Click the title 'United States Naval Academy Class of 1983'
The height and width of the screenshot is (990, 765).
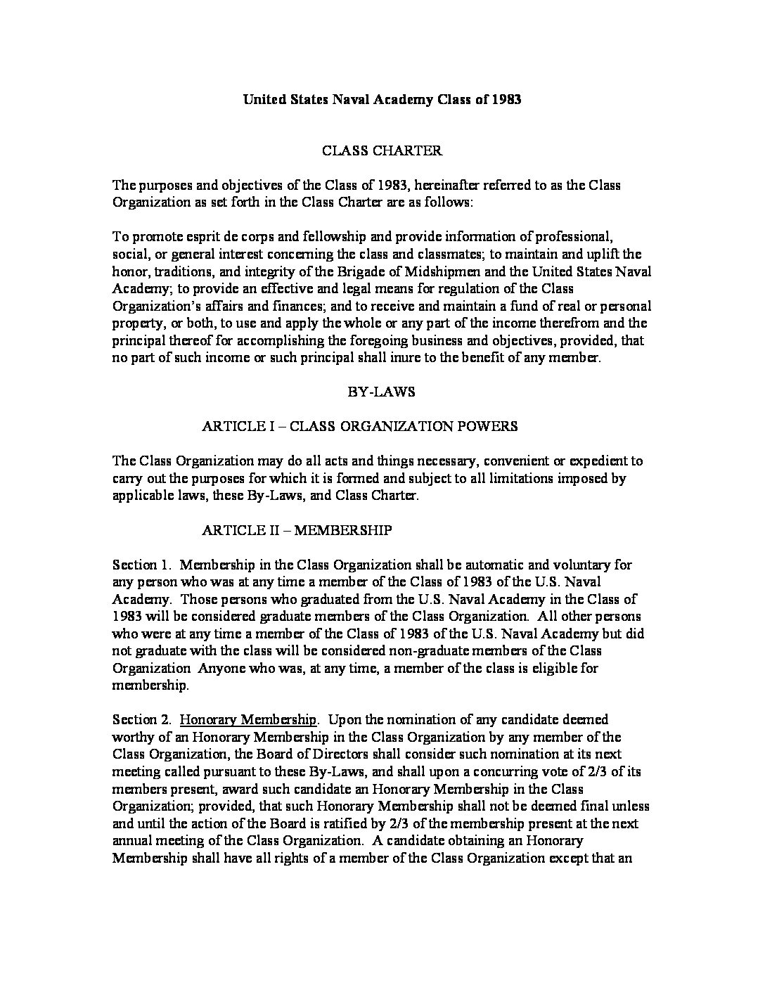[x=382, y=99]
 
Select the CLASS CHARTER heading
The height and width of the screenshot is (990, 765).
[x=382, y=150]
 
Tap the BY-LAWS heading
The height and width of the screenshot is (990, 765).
[x=382, y=392]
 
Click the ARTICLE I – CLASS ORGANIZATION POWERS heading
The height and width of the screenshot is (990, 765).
[x=359, y=426]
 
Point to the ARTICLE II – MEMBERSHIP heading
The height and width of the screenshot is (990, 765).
[x=297, y=530]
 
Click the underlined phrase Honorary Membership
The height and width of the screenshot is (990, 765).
[x=248, y=719]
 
